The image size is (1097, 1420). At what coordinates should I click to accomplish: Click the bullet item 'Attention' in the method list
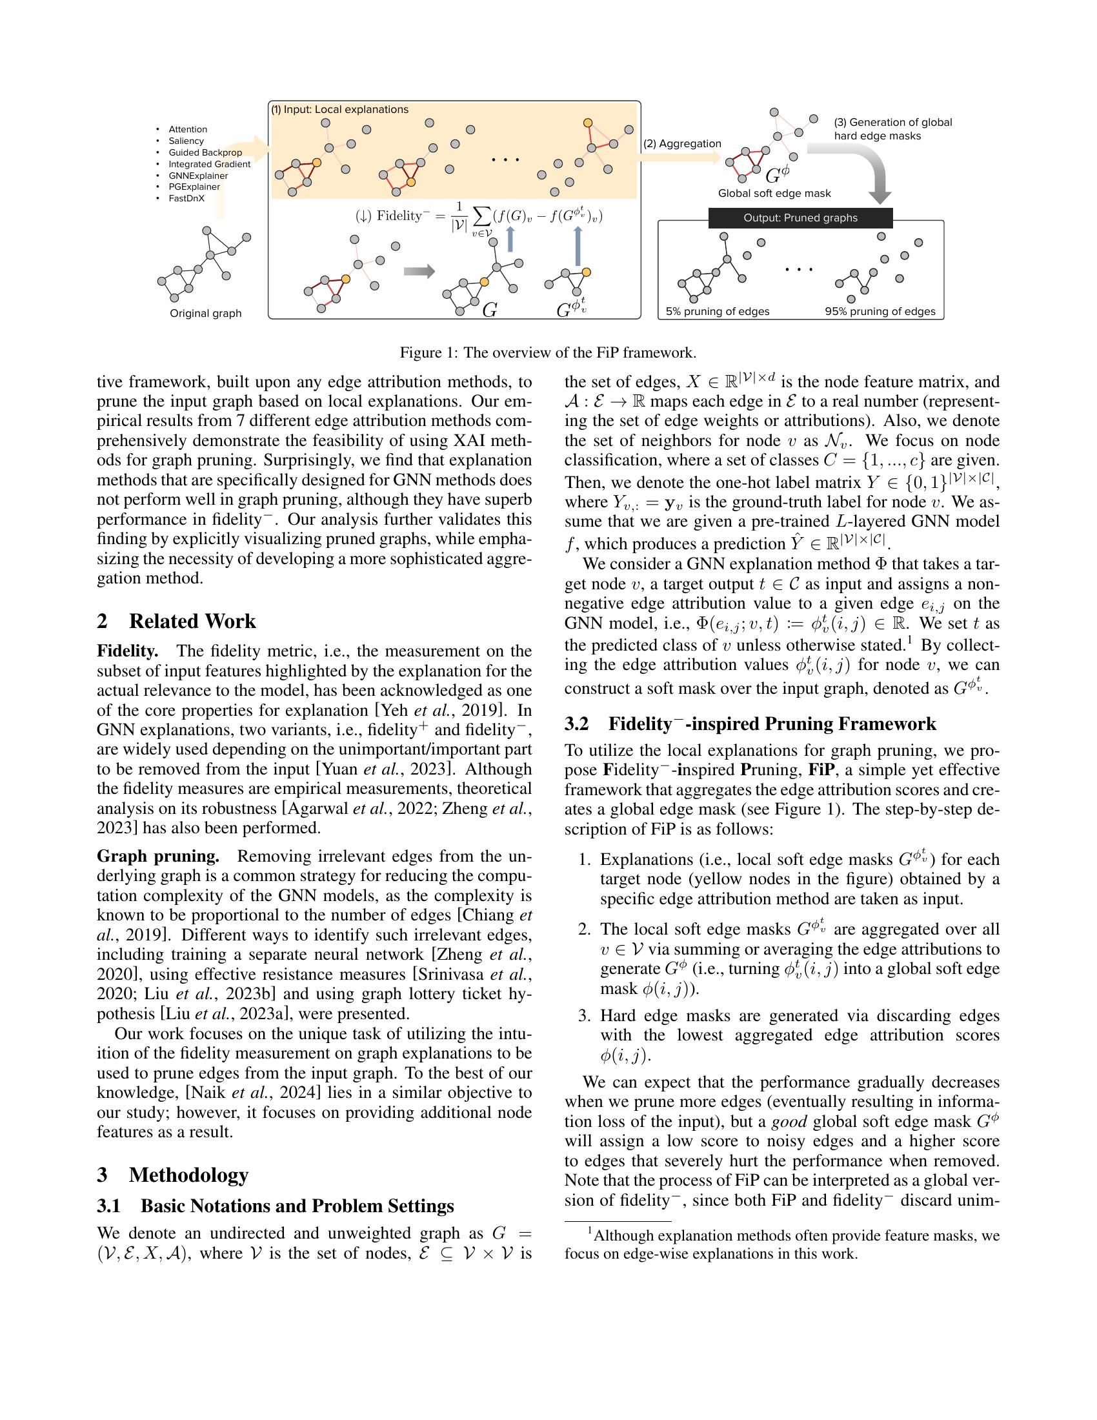click(x=188, y=129)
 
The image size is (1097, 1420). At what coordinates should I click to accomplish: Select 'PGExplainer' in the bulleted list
click(x=194, y=187)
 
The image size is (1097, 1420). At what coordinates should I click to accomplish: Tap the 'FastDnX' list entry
click(x=186, y=198)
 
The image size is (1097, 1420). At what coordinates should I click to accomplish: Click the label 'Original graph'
click(x=205, y=314)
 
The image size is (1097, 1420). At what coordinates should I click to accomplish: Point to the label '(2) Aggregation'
click(x=682, y=144)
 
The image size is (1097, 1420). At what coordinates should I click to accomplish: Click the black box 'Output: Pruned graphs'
click(x=800, y=218)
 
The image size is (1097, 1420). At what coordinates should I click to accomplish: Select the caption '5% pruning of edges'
click(x=718, y=312)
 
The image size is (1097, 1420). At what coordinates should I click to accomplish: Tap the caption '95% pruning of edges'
click(x=880, y=312)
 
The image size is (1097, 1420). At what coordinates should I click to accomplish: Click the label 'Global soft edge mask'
click(x=774, y=193)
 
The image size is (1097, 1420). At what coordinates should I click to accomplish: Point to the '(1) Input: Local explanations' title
click(x=340, y=109)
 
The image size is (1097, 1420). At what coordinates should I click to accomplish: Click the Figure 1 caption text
click(x=548, y=353)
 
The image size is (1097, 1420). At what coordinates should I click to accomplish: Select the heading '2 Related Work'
click(x=176, y=622)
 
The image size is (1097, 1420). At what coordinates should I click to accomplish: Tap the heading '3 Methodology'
click(x=173, y=1175)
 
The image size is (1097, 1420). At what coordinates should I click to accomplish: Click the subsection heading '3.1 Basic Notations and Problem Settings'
click(x=275, y=1206)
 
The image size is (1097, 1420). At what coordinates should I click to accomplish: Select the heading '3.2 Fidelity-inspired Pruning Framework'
click(x=750, y=724)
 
